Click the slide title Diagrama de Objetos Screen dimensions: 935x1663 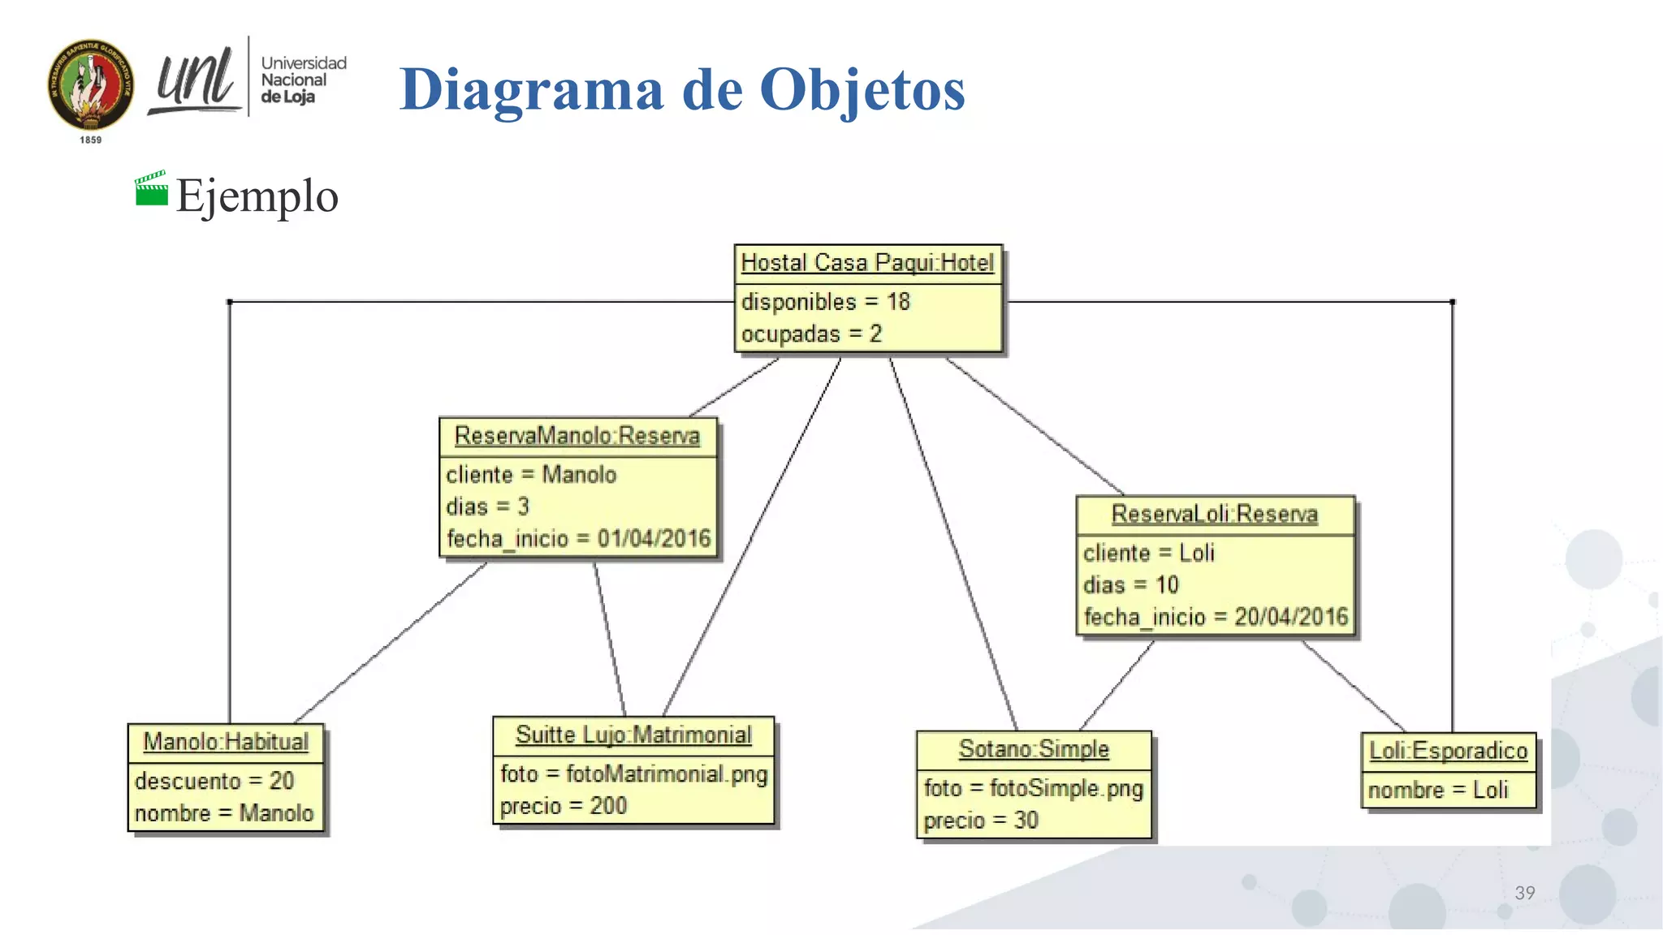682,89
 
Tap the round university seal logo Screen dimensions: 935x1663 91,85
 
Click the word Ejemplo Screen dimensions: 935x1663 257,196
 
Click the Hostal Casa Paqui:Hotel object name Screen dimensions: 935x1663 867,263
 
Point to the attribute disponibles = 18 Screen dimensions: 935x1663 825,302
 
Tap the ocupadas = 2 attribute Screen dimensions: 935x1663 810,334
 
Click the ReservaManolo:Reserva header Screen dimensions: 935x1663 577,436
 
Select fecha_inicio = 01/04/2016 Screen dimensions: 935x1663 578,538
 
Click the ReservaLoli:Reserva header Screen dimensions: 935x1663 1214,514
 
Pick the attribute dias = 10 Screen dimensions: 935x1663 1130,585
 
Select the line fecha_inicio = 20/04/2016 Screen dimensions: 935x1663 1216,617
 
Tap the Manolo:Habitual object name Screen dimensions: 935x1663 226,742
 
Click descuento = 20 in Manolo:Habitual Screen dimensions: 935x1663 214,781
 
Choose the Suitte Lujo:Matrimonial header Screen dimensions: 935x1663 633,735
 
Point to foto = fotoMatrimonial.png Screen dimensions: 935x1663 633,773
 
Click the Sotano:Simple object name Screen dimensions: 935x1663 1034,749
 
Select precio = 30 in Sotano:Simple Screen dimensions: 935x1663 981,821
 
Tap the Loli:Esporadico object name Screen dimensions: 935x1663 1449,751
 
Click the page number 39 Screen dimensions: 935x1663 1525,893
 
